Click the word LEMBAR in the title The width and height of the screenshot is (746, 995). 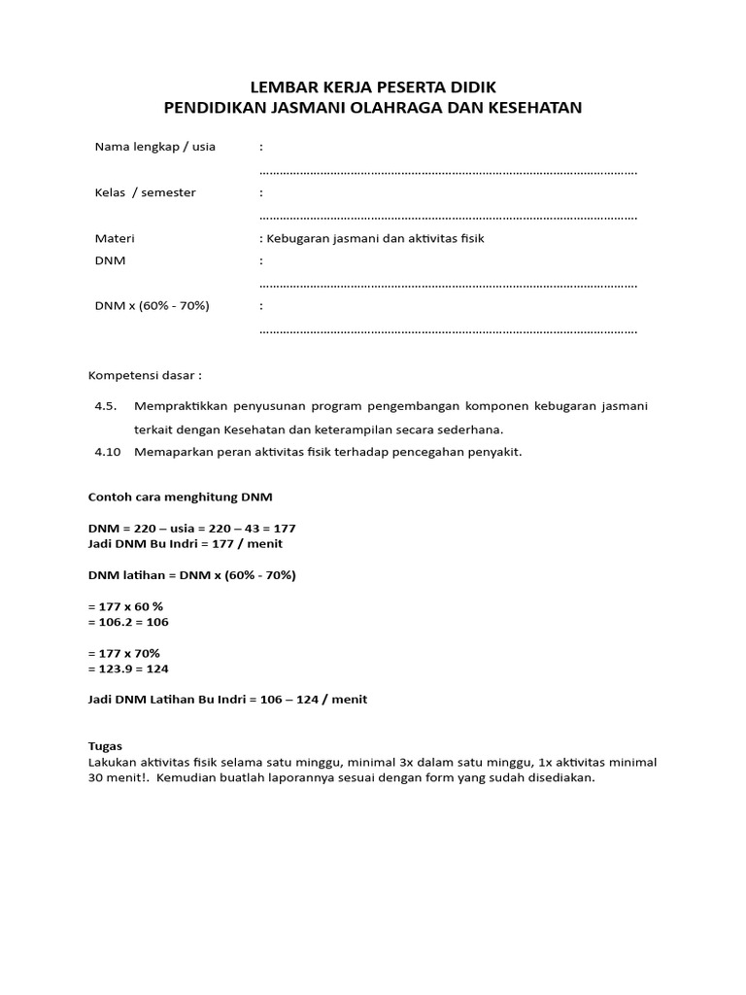coord(281,86)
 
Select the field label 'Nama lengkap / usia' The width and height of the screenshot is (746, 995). coord(154,147)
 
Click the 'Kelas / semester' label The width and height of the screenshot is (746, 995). coord(145,192)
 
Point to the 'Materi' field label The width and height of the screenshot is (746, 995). coord(115,238)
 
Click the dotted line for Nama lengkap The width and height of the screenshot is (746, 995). coord(449,172)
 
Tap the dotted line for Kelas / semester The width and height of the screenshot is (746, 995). coord(449,218)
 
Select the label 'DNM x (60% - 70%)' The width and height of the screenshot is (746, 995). coord(152,306)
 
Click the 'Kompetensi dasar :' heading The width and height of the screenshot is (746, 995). coord(146,375)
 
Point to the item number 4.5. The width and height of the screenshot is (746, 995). coord(105,406)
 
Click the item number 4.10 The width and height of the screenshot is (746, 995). coord(107,452)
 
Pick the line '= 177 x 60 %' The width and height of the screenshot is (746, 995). coord(125,605)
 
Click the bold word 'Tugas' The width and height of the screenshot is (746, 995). coord(105,746)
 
